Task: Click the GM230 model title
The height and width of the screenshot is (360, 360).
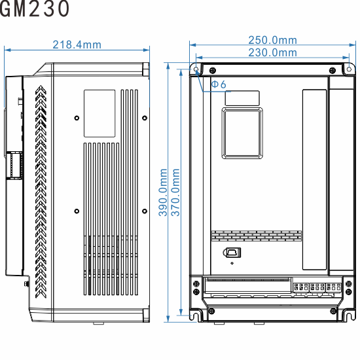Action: [35, 9]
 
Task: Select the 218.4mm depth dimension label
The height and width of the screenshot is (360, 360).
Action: [77, 45]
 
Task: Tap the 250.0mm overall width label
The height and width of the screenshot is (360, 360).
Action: [272, 41]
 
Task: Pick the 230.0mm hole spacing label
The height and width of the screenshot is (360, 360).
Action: [272, 52]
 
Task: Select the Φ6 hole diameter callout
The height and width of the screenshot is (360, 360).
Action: [219, 84]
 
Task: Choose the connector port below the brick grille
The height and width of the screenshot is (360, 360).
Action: [232, 253]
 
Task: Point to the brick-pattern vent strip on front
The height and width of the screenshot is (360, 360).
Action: [256, 234]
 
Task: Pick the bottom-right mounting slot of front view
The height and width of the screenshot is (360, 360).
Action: [348, 314]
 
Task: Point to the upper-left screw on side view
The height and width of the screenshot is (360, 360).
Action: [77, 118]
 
